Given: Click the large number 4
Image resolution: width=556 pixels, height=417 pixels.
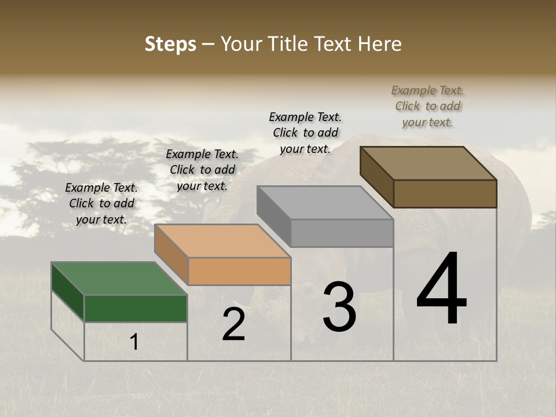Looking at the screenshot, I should pyautogui.click(x=441, y=289).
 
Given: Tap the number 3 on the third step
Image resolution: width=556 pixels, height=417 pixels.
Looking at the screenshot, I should pyautogui.click(x=339, y=307).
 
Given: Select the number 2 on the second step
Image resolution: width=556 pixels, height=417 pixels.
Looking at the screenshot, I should pyautogui.click(x=234, y=324).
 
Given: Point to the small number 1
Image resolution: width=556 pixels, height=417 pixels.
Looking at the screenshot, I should pyautogui.click(x=134, y=342).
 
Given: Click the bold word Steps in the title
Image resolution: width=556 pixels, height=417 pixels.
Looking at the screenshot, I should pyautogui.click(x=170, y=44).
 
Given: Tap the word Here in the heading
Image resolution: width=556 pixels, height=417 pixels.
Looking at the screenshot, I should pyautogui.click(x=381, y=44).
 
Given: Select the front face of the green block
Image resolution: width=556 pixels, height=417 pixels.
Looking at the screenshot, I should pyautogui.click(x=136, y=308).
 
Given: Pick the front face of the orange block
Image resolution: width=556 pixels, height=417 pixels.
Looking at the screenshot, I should pyautogui.click(x=239, y=271).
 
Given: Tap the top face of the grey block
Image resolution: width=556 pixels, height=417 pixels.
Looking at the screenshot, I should pyautogui.click(x=325, y=203).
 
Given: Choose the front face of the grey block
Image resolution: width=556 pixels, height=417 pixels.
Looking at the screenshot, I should pyautogui.click(x=342, y=233).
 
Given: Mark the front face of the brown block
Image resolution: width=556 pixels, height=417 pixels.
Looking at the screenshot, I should pyautogui.click(x=445, y=193).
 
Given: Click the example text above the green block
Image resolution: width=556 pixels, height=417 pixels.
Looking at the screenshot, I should pyautogui.click(x=101, y=203).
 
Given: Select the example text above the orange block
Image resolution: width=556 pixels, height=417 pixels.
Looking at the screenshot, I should pyautogui.click(x=202, y=170).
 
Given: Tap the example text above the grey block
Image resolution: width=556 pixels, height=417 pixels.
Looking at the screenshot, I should pyautogui.click(x=305, y=133).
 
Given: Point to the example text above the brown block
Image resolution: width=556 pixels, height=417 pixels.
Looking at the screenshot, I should pyautogui.click(x=427, y=106).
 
